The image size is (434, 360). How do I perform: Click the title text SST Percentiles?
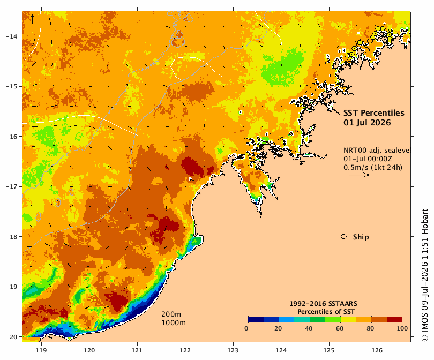374,113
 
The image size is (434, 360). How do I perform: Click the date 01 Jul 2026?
367,123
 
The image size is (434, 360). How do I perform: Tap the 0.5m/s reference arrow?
360,175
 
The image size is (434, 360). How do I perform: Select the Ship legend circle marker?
344,237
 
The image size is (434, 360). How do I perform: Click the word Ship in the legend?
361,237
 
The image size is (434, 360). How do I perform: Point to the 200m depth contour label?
171,314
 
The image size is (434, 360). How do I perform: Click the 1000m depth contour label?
174,323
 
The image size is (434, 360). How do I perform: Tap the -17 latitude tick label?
12,186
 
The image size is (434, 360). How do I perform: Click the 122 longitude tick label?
185,350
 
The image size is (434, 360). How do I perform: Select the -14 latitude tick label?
12,36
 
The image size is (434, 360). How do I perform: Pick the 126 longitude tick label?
377,350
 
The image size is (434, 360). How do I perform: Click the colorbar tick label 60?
340,328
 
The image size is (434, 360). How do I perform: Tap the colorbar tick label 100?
402,328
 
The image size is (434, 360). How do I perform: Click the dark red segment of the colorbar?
394,319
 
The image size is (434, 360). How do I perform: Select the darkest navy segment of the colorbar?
256,319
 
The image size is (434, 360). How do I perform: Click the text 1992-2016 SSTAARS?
323,304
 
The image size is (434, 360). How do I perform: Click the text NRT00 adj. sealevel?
377,150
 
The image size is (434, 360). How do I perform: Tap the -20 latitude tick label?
12,337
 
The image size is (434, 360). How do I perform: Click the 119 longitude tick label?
41,350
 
